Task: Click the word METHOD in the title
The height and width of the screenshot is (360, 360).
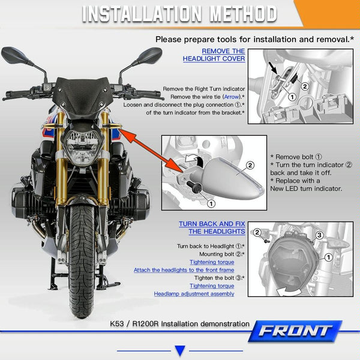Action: point(244,14)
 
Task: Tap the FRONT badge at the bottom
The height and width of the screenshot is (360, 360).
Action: point(295,331)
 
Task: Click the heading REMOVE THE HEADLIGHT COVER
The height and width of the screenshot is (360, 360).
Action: point(214,55)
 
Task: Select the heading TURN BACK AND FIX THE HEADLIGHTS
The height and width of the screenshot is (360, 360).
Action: point(212,227)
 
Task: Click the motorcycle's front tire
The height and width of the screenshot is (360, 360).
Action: point(82,259)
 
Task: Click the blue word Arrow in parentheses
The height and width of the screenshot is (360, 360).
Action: point(232,97)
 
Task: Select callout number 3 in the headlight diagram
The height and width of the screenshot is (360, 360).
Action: point(319,235)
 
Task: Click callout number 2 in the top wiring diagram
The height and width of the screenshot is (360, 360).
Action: point(305,86)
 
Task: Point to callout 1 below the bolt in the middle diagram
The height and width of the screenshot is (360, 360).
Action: point(211,203)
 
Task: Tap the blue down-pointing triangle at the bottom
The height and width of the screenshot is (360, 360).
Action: point(180,350)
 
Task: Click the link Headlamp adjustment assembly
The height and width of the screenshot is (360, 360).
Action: point(194,294)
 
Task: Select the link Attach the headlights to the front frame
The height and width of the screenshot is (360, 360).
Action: point(184,270)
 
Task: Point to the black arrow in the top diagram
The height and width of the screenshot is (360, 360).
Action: point(274,68)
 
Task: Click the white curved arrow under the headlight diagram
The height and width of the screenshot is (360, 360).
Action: point(289,292)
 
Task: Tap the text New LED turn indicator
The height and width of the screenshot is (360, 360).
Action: point(306,188)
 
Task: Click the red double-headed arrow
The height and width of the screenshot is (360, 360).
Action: point(151,151)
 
